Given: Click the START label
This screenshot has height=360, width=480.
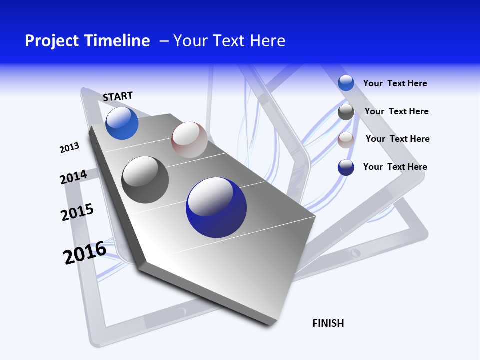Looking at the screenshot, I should (x=118, y=96).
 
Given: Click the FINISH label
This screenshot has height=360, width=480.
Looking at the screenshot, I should (x=328, y=323).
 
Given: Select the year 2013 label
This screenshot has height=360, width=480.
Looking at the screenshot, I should (x=69, y=148).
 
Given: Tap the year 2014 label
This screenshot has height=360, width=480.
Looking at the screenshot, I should (x=73, y=177).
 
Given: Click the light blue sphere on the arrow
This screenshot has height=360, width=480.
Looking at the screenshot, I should (x=122, y=123).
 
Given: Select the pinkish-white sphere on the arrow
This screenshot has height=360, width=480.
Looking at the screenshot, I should (x=189, y=140).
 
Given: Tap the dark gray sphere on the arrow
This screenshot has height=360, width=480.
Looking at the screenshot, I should (x=145, y=180).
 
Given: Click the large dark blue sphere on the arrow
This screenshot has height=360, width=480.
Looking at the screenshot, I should (x=216, y=207).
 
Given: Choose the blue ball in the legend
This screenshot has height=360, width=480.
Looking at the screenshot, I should (x=346, y=83).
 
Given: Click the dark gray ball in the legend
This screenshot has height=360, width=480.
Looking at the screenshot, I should (x=346, y=112).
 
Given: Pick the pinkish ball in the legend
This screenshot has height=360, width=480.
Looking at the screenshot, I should (x=346, y=140).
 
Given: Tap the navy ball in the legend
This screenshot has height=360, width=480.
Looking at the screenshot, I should (x=346, y=167).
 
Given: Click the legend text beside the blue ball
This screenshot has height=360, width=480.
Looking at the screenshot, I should (x=395, y=83).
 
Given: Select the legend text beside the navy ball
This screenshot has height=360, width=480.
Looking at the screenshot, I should (x=395, y=167).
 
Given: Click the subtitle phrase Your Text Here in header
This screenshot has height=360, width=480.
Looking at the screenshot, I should (x=229, y=41).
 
